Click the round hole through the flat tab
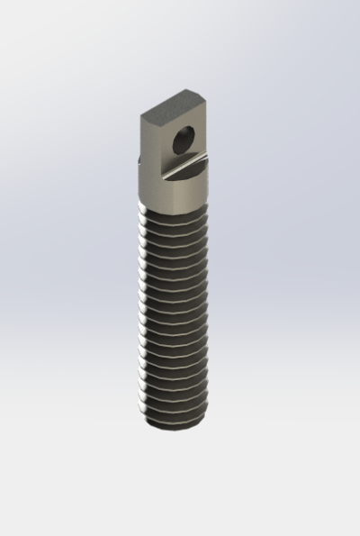[x=184, y=140]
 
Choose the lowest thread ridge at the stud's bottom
[x=174, y=416]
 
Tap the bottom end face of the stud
[x=173, y=426]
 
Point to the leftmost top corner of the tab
[x=140, y=114]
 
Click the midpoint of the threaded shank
[x=173, y=311]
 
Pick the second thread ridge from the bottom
[x=174, y=404]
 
